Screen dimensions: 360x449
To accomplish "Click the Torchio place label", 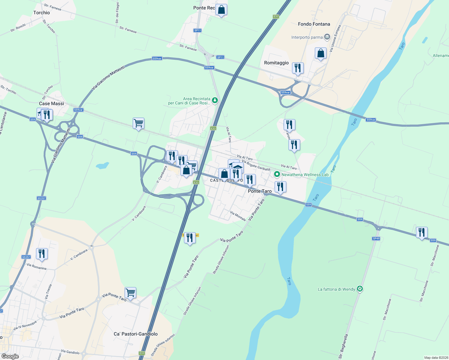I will (x=41, y=13).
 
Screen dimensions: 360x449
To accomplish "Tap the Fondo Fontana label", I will (x=314, y=24).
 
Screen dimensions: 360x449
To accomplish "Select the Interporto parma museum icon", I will (x=327, y=37).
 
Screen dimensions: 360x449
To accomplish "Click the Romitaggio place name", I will (x=276, y=63).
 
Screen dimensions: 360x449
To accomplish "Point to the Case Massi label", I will (x=51, y=103).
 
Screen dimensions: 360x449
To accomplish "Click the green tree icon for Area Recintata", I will (x=215, y=100).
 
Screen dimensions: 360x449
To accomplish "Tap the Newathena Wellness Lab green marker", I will (x=277, y=174).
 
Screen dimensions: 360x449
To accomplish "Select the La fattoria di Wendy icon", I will (x=360, y=289).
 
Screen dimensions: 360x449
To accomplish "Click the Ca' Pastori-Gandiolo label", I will (x=136, y=334).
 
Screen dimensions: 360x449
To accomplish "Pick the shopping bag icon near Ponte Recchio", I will (x=221, y=10).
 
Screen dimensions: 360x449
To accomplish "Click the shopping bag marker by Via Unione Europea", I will (x=321, y=53).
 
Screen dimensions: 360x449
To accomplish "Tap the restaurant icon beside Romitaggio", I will (x=298, y=68).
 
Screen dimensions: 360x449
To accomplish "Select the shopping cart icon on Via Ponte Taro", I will (x=130, y=292).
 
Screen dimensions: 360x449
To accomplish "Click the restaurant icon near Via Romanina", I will (x=42, y=254).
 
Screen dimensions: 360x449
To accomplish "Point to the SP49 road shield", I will (x=376, y=238).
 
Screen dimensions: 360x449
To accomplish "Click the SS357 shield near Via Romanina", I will (x=26, y=257).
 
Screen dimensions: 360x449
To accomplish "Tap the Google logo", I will (x=10, y=356).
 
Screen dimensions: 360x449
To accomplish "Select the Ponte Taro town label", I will (x=260, y=191).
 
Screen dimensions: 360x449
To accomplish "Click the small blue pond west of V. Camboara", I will (x=102, y=166).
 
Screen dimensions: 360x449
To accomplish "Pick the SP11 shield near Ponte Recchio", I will (x=197, y=30).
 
